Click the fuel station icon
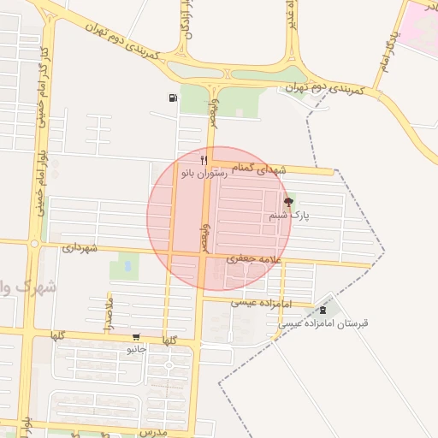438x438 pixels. point(174,98)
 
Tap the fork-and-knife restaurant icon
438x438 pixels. point(204,160)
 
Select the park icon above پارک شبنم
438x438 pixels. point(287,203)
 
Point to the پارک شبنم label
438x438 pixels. point(289,216)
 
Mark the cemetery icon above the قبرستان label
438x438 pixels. point(323,311)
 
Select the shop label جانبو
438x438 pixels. point(137,349)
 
